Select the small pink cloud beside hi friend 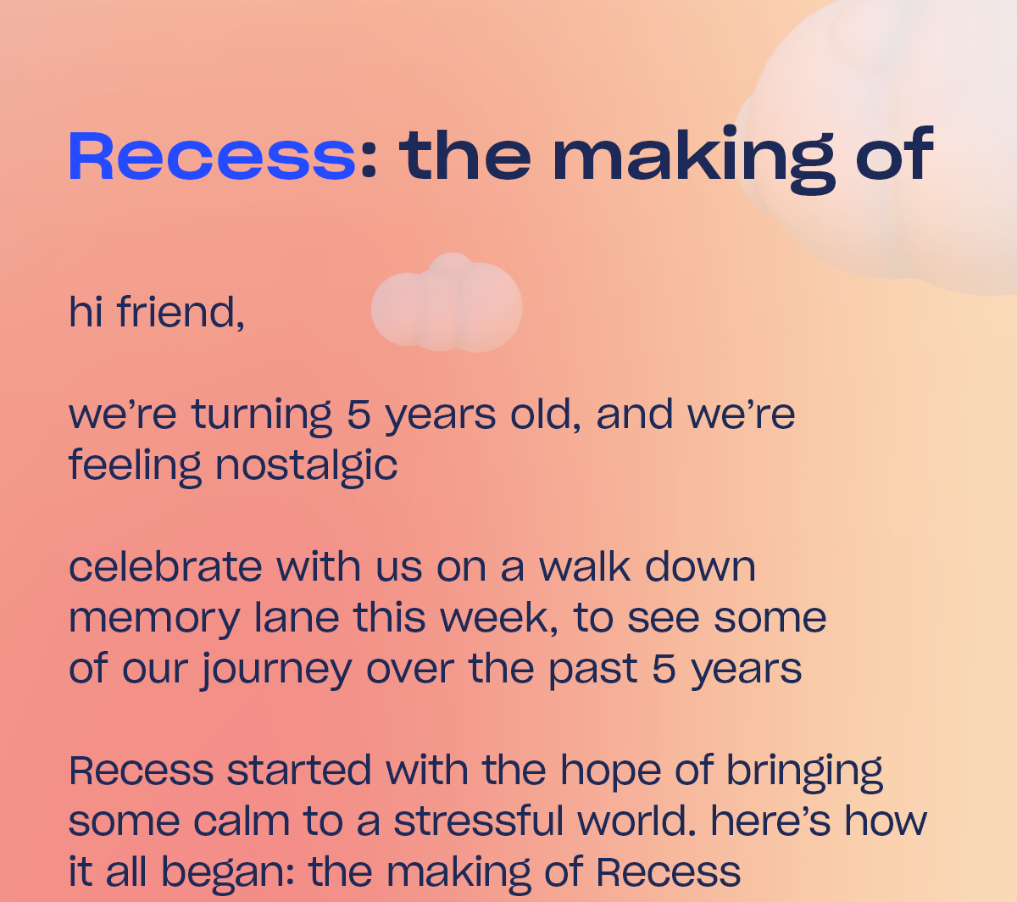click(x=447, y=303)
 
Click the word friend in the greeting click(x=181, y=311)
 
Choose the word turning click(x=262, y=416)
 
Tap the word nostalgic click(x=306, y=467)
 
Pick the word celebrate click(x=165, y=566)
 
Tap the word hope click(x=610, y=772)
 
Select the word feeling click(x=135, y=467)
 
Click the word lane click(x=297, y=618)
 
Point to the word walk click(x=584, y=566)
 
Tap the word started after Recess click(x=299, y=770)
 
